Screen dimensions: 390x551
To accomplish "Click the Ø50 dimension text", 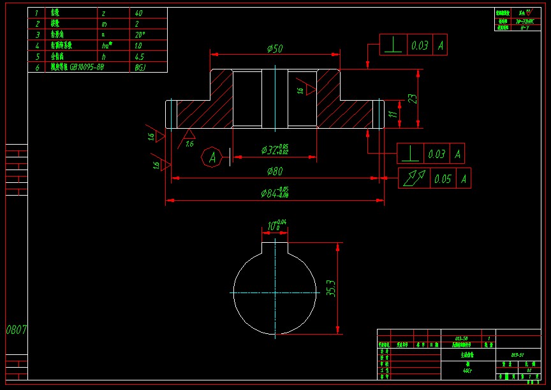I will tap(275, 48).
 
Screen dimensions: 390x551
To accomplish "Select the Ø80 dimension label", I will tap(275, 171).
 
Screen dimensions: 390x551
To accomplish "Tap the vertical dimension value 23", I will tap(413, 98).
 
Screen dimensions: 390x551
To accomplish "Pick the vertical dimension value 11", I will tap(393, 114).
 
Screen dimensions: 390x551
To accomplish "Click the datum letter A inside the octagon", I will tap(212, 157).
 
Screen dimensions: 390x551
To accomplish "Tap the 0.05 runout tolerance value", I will tap(443, 179).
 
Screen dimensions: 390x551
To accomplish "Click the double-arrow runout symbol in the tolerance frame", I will tap(411, 178).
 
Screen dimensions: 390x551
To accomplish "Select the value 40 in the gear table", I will tap(139, 13).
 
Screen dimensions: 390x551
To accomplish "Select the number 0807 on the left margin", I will tap(17, 330).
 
